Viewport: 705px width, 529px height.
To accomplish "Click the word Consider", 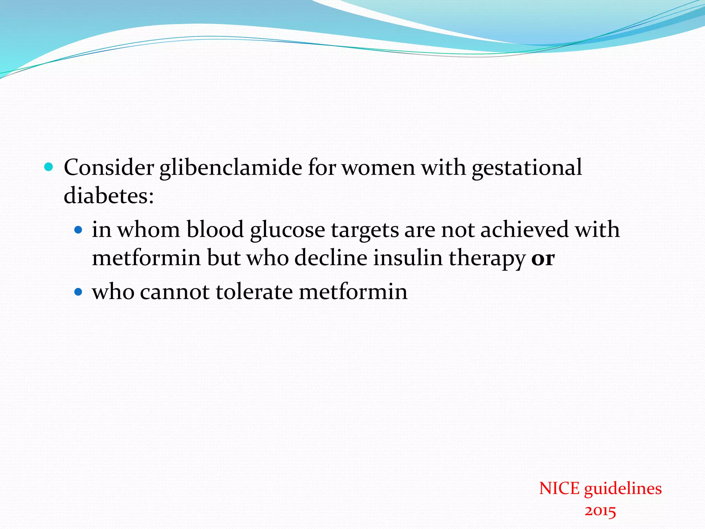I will pos(109,168).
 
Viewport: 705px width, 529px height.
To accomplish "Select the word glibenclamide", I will pos(230,168).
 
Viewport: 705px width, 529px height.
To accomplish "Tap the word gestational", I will pos(527,168).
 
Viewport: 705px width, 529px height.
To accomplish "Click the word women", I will pos(378,168).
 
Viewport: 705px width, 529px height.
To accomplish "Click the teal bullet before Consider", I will pos(49,167).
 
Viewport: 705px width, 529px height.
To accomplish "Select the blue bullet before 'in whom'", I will pos(78,230).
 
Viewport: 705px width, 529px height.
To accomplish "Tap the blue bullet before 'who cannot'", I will pos(78,292).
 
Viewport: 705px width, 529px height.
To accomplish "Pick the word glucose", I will pos(287,230).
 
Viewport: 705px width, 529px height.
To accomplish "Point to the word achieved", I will pos(524,230).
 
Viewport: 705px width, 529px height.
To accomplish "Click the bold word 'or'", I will pos(543,258).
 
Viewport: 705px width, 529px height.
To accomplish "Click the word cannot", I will pos(175,292).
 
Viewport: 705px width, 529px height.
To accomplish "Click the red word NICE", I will pos(559,489).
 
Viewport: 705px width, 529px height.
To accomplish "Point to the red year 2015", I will pos(600,511).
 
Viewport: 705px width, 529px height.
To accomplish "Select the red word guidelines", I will pos(623,489).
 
